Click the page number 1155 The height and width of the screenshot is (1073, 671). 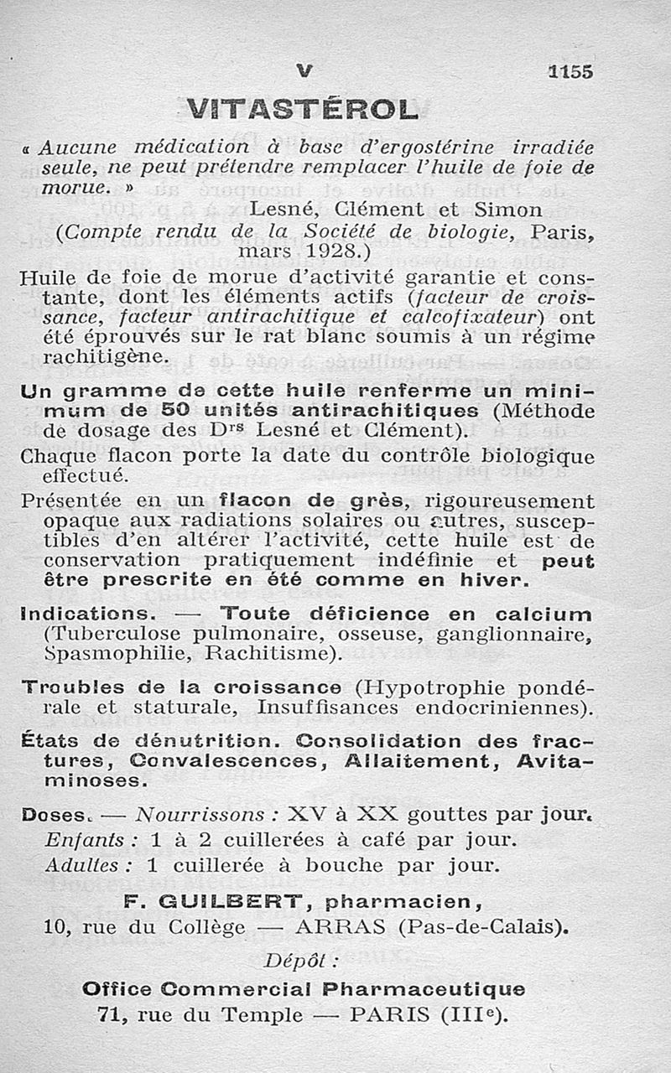[570, 72]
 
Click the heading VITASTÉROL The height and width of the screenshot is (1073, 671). [302, 108]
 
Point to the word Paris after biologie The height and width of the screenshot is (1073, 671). [565, 230]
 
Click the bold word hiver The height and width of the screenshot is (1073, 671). [494, 580]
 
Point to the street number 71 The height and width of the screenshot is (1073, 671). [112, 1014]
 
